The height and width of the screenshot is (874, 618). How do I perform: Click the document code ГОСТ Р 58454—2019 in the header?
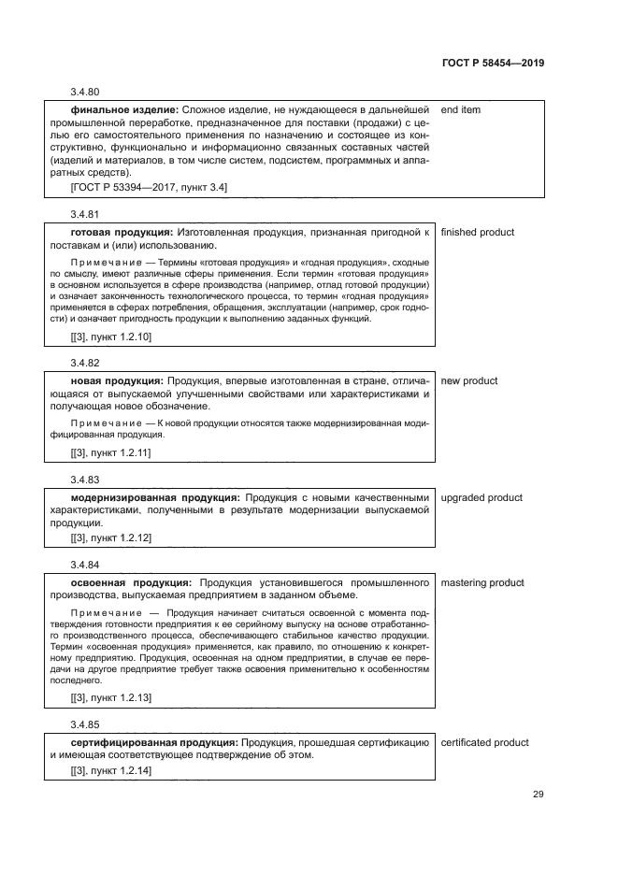click(493, 63)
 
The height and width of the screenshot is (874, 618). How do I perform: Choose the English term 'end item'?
click(460, 110)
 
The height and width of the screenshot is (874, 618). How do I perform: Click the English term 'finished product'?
click(477, 232)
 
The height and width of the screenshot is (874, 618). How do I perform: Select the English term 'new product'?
click(468, 380)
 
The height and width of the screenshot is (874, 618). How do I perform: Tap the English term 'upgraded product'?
click(481, 497)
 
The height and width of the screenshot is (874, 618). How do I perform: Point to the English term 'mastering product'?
click(481, 582)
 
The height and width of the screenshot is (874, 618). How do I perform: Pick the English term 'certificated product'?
click(484, 742)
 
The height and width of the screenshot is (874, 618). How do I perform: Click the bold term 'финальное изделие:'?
click(124, 110)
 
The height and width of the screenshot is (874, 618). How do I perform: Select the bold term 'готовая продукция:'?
click(122, 232)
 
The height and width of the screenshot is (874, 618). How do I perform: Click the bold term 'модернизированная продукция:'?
click(155, 497)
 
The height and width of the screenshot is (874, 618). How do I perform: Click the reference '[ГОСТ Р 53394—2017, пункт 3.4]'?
click(149, 187)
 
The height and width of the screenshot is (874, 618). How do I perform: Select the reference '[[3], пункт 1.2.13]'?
click(111, 697)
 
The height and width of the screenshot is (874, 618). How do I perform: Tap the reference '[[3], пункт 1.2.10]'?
click(111, 336)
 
